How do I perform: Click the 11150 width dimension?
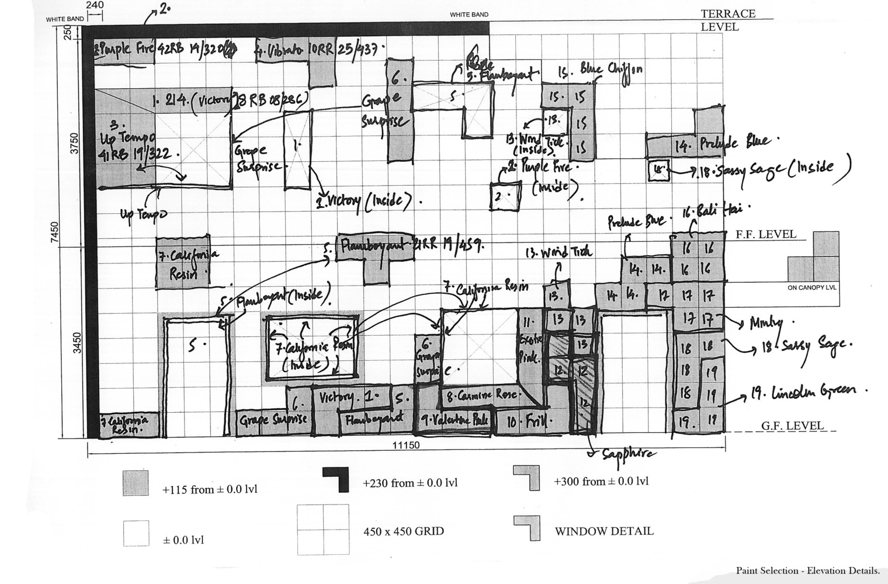point(406,445)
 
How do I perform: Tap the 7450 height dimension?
point(54,234)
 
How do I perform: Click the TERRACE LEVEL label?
point(728,20)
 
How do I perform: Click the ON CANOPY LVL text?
point(811,288)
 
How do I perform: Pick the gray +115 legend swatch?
point(136,483)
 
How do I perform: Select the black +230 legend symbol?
point(335,479)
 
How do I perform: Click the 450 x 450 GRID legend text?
point(403,531)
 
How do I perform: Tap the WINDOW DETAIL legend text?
point(603,531)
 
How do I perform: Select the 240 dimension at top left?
point(95,5)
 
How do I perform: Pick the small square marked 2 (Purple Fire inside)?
point(505,196)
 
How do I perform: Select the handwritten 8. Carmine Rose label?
point(482,395)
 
